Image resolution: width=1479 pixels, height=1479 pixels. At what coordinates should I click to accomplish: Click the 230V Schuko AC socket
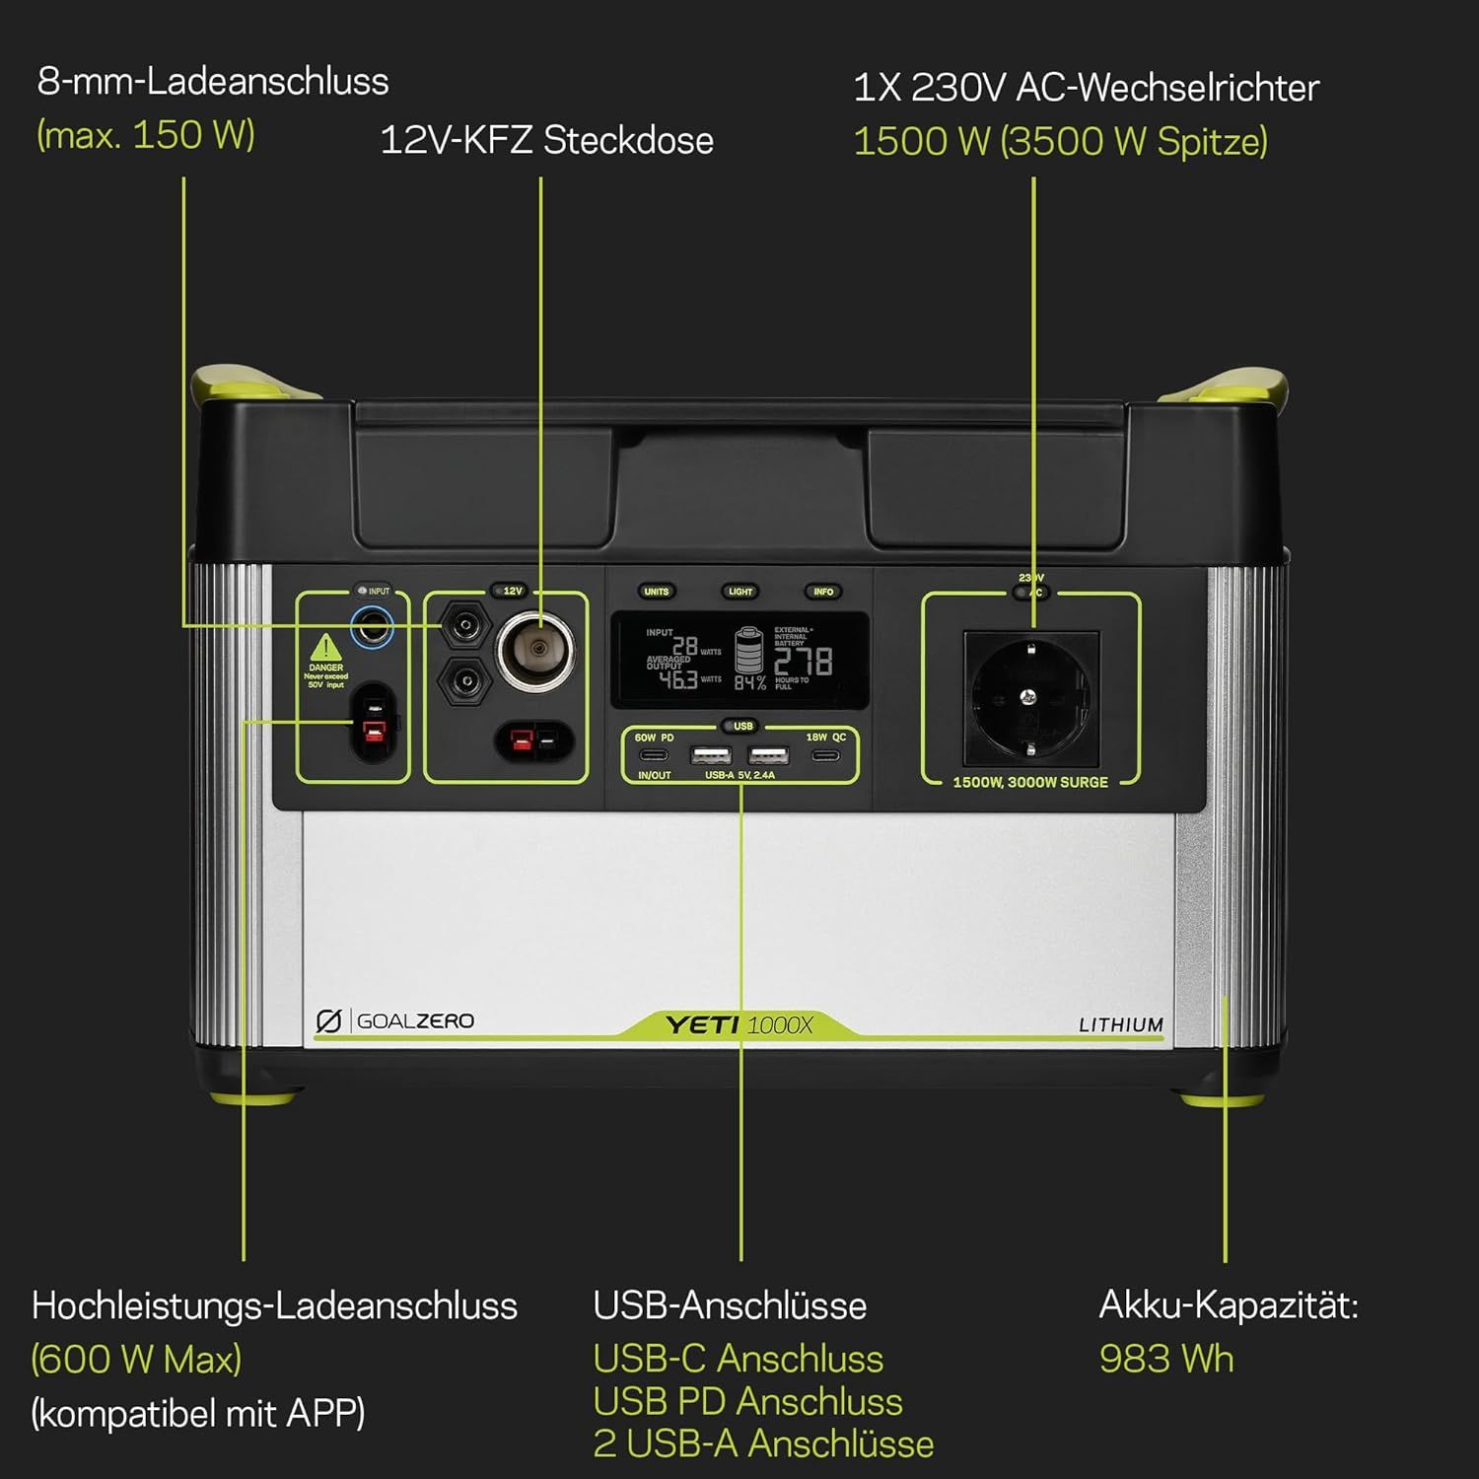pyautogui.click(x=1030, y=697)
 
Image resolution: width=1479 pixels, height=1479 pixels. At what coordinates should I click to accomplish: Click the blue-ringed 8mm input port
pyautogui.click(x=373, y=626)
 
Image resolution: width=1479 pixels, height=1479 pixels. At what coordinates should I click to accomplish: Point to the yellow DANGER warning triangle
pyautogui.click(x=325, y=648)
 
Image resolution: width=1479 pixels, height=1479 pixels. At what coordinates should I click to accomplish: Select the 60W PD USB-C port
pyautogui.click(x=654, y=756)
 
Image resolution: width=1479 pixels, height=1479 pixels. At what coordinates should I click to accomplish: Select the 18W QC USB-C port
pyautogui.click(x=825, y=756)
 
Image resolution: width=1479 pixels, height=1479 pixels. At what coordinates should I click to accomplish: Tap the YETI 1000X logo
pyautogui.click(x=739, y=1025)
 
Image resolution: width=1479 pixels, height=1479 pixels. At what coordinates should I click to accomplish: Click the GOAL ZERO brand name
pyautogui.click(x=414, y=1021)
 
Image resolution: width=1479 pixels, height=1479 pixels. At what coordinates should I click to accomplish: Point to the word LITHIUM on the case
pyautogui.click(x=1120, y=1025)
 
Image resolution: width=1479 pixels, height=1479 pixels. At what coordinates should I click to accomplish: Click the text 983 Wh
pyautogui.click(x=1166, y=1359)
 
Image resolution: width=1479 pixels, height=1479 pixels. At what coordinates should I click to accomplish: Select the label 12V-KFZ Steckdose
pyautogui.click(x=546, y=140)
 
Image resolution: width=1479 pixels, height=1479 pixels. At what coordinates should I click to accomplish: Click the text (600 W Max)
pyautogui.click(x=136, y=1359)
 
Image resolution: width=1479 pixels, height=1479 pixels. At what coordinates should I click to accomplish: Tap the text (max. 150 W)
pyautogui.click(x=146, y=135)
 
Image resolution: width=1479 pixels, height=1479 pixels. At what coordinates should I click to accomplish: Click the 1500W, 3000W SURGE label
pyautogui.click(x=1030, y=782)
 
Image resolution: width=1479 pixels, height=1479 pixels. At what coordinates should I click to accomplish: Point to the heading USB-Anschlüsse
pyautogui.click(x=730, y=1305)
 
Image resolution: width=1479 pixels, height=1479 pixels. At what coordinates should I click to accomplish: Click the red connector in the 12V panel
pyautogui.click(x=522, y=740)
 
